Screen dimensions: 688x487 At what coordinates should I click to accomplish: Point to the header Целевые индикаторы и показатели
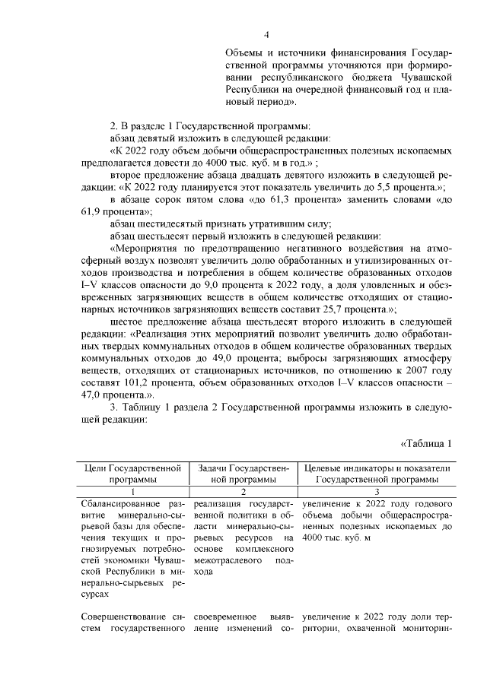[377, 468]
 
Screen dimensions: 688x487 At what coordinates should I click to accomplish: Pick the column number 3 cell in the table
[376, 492]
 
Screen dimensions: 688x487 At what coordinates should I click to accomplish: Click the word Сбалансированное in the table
[119, 504]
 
